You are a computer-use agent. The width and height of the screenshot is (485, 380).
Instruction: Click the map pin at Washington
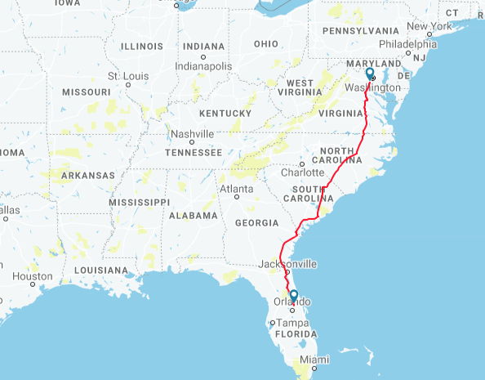pyautogui.click(x=370, y=74)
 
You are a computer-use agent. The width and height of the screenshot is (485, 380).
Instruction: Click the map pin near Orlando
pyautogui.click(x=293, y=297)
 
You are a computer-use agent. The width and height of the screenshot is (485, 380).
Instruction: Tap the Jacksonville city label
pyautogui.click(x=287, y=264)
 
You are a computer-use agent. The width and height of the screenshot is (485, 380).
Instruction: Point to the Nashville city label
pyautogui.click(x=192, y=134)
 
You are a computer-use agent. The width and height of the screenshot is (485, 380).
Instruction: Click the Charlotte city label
pyautogui.click(x=302, y=172)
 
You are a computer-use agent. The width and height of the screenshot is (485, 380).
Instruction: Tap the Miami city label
pyautogui.click(x=314, y=360)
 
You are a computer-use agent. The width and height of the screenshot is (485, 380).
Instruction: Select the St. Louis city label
pyautogui.click(x=125, y=76)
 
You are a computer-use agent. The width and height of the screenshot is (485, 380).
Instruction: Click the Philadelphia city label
pyautogui.click(x=407, y=44)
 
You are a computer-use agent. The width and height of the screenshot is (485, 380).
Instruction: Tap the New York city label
pyautogui.click(x=429, y=26)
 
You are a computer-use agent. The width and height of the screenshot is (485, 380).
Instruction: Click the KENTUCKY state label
pyautogui.click(x=224, y=113)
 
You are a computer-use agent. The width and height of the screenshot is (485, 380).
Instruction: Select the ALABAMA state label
pyautogui.click(x=194, y=216)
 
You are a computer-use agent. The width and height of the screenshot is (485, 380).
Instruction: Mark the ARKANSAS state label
pyautogui.click(x=88, y=175)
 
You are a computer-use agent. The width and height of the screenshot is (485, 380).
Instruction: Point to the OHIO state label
pyautogui.click(x=266, y=43)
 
